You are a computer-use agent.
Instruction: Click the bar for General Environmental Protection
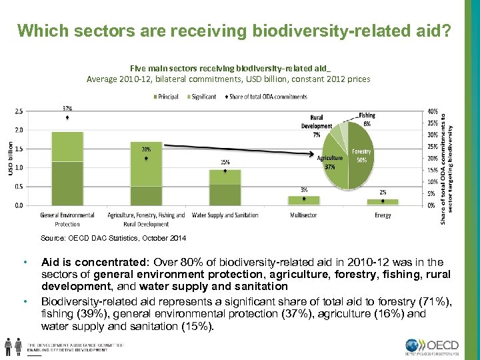(67, 170)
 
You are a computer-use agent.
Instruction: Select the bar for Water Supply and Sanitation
(225, 188)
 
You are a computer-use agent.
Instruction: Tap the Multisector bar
(303, 200)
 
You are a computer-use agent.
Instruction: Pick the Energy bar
(382, 201)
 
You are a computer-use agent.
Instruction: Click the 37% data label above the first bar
(67, 107)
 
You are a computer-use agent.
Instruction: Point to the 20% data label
(146, 149)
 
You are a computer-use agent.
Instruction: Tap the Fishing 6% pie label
(367, 119)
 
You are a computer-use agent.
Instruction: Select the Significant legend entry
(202, 97)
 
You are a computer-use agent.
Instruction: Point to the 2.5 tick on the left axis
(19, 111)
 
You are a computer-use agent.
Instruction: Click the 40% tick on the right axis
(433, 111)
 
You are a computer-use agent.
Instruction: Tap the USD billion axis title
(10, 159)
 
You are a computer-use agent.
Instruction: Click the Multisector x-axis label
(303, 215)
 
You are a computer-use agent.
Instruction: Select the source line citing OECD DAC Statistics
(113, 238)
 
